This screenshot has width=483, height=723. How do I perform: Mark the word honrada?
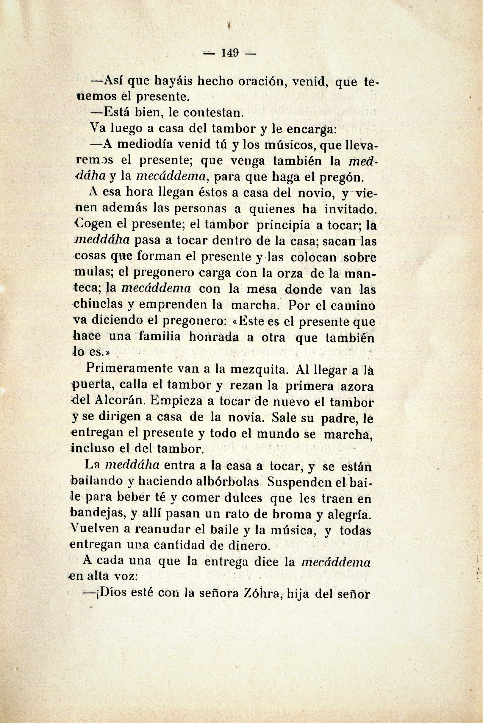tap(214, 337)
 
